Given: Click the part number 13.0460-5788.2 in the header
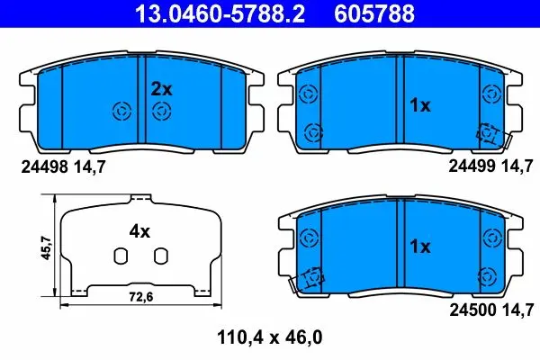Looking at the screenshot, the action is click(x=220, y=13).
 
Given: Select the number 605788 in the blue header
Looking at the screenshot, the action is click(x=374, y=13).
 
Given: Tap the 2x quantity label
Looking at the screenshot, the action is click(x=161, y=90).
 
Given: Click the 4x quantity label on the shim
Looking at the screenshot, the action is click(x=139, y=231).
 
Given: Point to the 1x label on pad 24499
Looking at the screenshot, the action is click(x=419, y=105).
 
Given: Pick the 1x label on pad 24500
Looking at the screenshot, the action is click(x=419, y=247).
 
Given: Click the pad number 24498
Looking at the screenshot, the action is click(x=44, y=167).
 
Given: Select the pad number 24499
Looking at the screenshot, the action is click(x=472, y=166).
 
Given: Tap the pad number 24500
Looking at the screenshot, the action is click(x=472, y=310).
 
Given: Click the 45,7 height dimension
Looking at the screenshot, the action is click(x=46, y=247).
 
